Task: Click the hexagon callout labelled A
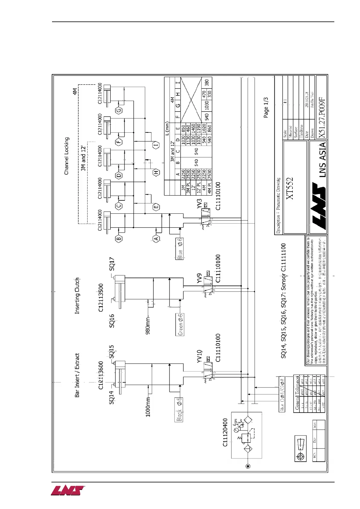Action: pyautogui.click(x=156, y=238)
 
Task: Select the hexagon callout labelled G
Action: pyautogui.click(x=119, y=111)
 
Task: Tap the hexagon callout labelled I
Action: pyautogui.click(x=156, y=145)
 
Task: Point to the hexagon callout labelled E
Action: pyautogui.click(x=156, y=207)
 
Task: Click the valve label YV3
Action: pyautogui.click(x=199, y=204)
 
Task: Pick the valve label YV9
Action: pyautogui.click(x=199, y=278)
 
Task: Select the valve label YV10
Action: pyautogui.click(x=199, y=356)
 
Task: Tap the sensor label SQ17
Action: pyautogui.click(x=112, y=264)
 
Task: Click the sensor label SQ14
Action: pyautogui.click(x=112, y=397)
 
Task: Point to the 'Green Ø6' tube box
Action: pyautogui.click(x=180, y=324)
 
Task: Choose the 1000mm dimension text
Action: pyautogui.click(x=148, y=407)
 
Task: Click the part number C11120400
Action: pyautogui.click(x=225, y=432)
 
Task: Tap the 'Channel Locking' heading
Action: pyautogui.click(x=67, y=156)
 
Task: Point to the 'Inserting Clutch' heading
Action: pyautogui.click(x=77, y=296)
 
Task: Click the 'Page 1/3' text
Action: pyautogui.click(x=266, y=108)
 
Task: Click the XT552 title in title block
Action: pyautogui.click(x=290, y=188)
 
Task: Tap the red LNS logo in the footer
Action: pyautogui.click(x=67, y=491)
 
